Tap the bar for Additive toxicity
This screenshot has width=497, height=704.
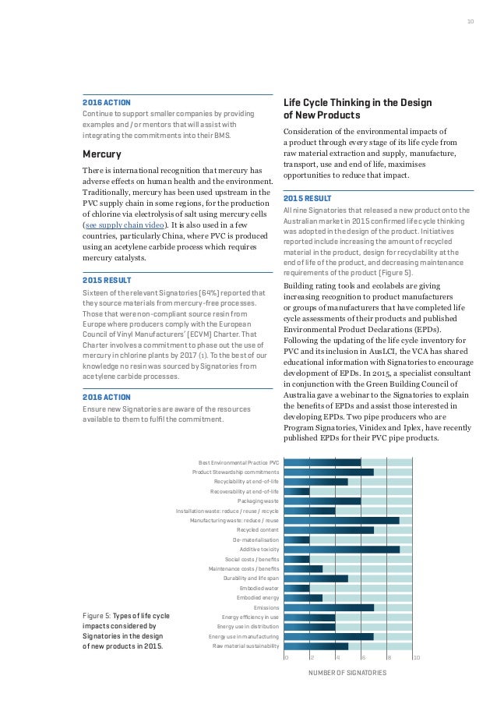click(x=341, y=549)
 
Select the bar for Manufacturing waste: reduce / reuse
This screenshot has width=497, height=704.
click(x=341, y=520)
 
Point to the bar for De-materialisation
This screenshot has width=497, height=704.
click(x=297, y=539)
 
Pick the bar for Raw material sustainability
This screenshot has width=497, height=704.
click(x=315, y=646)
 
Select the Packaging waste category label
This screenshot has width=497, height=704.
click(x=258, y=501)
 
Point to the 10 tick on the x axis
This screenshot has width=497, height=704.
click(x=416, y=658)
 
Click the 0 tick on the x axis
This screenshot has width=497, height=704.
click(x=285, y=658)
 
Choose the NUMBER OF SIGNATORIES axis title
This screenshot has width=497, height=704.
click(x=348, y=672)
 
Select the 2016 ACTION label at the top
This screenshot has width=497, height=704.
click(x=107, y=102)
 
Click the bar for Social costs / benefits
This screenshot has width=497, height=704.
click(x=297, y=559)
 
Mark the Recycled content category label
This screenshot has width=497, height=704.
click(x=257, y=529)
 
